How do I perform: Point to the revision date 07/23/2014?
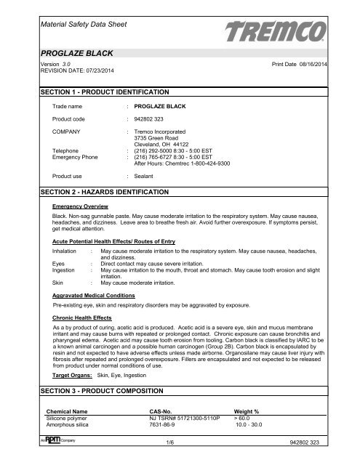pyautogui.click(x=86, y=70)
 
